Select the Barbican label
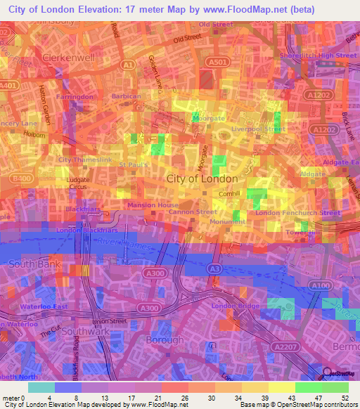click(127, 96)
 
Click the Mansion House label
click(153, 205)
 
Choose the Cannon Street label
click(192, 212)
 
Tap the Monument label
click(228, 221)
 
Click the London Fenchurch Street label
click(297, 212)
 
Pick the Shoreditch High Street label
click(318, 56)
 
